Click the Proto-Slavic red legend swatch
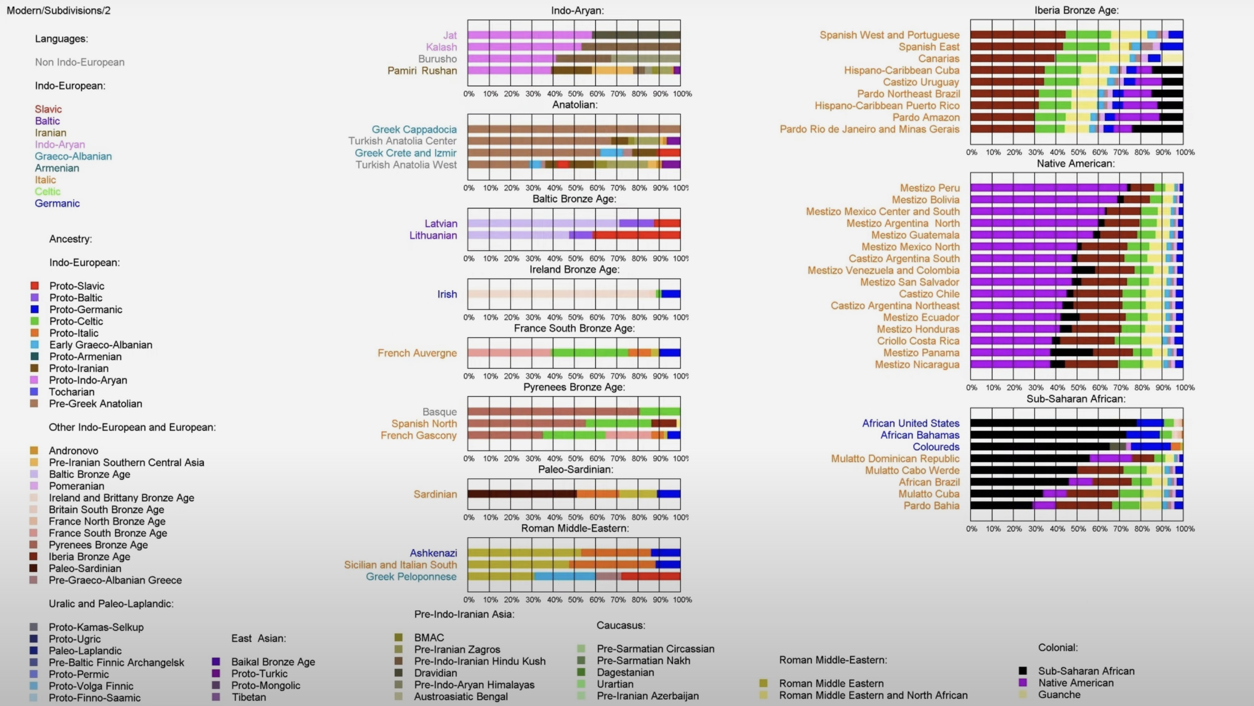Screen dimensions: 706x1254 coord(35,286)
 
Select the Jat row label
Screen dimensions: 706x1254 coord(450,35)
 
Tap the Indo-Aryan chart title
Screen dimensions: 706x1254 coord(578,10)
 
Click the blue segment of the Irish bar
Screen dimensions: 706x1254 coord(671,294)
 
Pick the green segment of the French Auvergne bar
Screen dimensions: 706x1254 coord(589,353)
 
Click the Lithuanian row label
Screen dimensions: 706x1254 coord(433,235)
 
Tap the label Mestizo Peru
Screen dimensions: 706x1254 coord(929,188)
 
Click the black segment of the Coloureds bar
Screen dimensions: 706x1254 coord(1039,446)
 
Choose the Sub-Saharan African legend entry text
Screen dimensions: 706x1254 coord(1086,671)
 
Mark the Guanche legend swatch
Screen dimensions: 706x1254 coord(1023,695)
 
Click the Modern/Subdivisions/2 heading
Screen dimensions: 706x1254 coord(58,10)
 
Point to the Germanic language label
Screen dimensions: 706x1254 coord(57,203)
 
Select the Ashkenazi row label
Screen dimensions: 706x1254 coord(433,553)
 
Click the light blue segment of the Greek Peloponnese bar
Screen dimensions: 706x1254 coord(564,576)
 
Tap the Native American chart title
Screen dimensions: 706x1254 coord(1075,164)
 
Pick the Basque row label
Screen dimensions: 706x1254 coord(439,412)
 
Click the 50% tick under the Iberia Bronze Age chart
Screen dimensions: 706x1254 coord(1078,152)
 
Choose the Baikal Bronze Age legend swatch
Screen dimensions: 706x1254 coord(216,662)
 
